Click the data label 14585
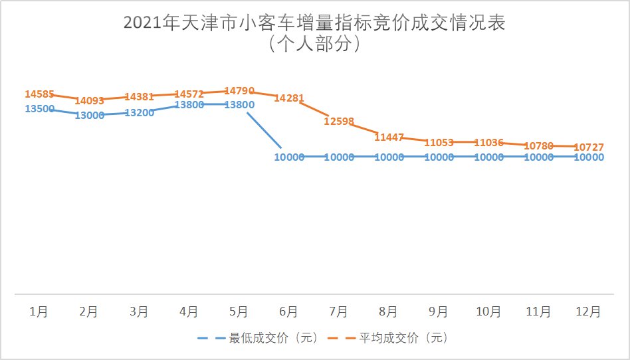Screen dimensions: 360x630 pos(39,94)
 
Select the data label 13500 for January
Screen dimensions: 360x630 pos(39,109)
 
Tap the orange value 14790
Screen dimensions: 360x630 pos(239,90)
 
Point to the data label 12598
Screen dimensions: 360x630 pos(339,122)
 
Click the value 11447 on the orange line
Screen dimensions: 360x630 pos(389,137)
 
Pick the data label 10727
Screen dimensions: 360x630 pos(588,146)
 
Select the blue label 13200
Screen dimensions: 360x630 pos(140,113)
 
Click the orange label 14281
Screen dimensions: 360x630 pos(289,98)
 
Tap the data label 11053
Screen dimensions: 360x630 pos(439,142)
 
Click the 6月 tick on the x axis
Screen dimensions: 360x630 pos(289,311)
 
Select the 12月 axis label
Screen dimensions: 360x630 pos(588,311)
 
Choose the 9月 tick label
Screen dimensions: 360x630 pos(439,311)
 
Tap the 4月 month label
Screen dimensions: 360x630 pos(189,311)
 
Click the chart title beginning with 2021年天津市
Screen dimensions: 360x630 pos(315,23)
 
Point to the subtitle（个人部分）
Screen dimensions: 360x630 pos(315,44)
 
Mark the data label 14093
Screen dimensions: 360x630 pos(90,101)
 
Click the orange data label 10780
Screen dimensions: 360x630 pos(538,145)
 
